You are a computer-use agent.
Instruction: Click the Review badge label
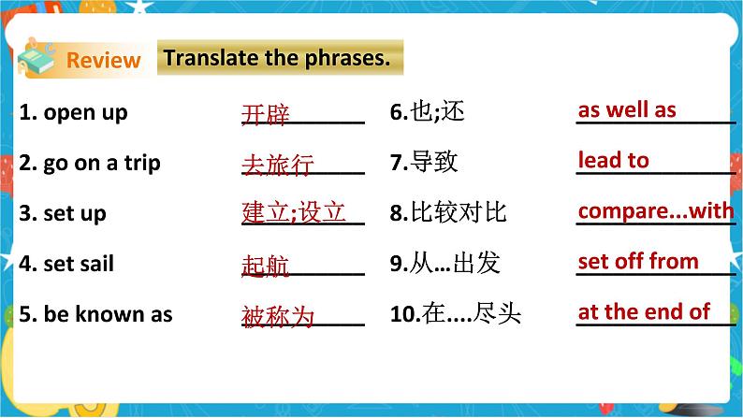(x=104, y=61)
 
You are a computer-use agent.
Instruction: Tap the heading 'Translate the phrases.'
(x=276, y=58)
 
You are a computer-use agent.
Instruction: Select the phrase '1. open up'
(x=73, y=113)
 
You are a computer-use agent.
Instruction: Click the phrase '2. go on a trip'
(x=90, y=163)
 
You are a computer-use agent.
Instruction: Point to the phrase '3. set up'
(x=63, y=213)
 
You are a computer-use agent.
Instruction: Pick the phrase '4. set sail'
(x=66, y=264)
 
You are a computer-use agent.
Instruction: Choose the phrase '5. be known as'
(x=95, y=314)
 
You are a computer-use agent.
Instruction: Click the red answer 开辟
(x=266, y=115)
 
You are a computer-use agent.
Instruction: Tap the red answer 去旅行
(x=278, y=166)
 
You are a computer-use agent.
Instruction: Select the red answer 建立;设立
(x=294, y=213)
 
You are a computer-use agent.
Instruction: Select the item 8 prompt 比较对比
(x=448, y=213)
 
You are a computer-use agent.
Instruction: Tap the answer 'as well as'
(x=627, y=110)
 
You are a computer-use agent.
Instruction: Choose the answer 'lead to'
(x=614, y=160)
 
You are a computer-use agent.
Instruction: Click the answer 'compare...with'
(x=656, y=210)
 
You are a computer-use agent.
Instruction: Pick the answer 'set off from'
(x=638, y=261)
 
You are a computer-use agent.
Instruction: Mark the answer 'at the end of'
(x=644, y=311)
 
